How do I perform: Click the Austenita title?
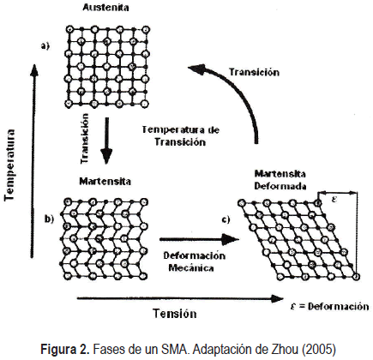click(105, 8)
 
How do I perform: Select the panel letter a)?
click(45, 45)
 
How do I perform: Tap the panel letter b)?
click(49, 219)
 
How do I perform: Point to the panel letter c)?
click(226, 219)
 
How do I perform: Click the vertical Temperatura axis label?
click(9, 165)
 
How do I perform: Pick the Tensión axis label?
click(175, 314)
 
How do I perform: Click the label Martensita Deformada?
click(280, 180)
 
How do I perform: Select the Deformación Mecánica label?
click(195, 261)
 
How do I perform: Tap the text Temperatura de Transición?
click(181, 135)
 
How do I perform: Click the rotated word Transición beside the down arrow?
click(85, 138)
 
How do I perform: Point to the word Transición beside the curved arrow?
click(254, 72)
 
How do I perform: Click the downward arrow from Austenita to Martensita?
click(106, 141)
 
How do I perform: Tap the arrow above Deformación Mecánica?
click(199, 239)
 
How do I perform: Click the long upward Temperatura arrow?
click(33, 161)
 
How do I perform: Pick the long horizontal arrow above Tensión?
click(180, 299)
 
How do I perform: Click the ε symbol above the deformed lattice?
click(334, 199)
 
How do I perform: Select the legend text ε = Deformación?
click(329, 306)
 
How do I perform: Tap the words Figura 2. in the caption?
click(65, 349)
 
